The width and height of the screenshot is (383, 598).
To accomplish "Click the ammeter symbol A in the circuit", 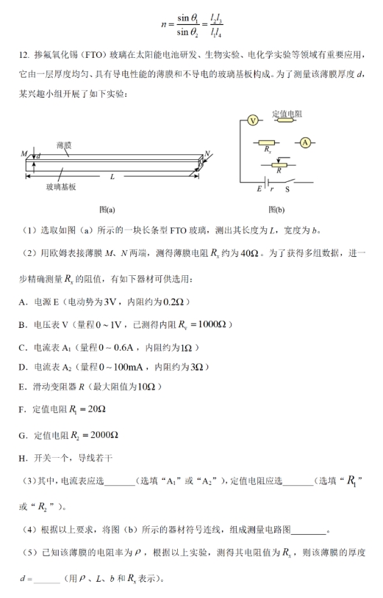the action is [305, 142].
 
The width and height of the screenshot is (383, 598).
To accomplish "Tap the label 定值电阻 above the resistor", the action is [287, 114].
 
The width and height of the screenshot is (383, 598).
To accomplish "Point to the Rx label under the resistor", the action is [268, 149].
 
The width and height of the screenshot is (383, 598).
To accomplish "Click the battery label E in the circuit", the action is [259, 189].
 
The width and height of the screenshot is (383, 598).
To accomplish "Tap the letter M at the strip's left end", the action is [24, 154].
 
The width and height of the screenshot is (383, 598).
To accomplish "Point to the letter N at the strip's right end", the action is [207, 154].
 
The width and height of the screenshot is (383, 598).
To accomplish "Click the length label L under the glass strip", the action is [112, 176].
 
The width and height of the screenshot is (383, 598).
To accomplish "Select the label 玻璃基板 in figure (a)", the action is [61, 187].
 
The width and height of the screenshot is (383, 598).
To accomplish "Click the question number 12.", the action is [24, 54].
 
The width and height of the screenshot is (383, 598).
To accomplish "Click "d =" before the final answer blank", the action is [26, 579].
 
